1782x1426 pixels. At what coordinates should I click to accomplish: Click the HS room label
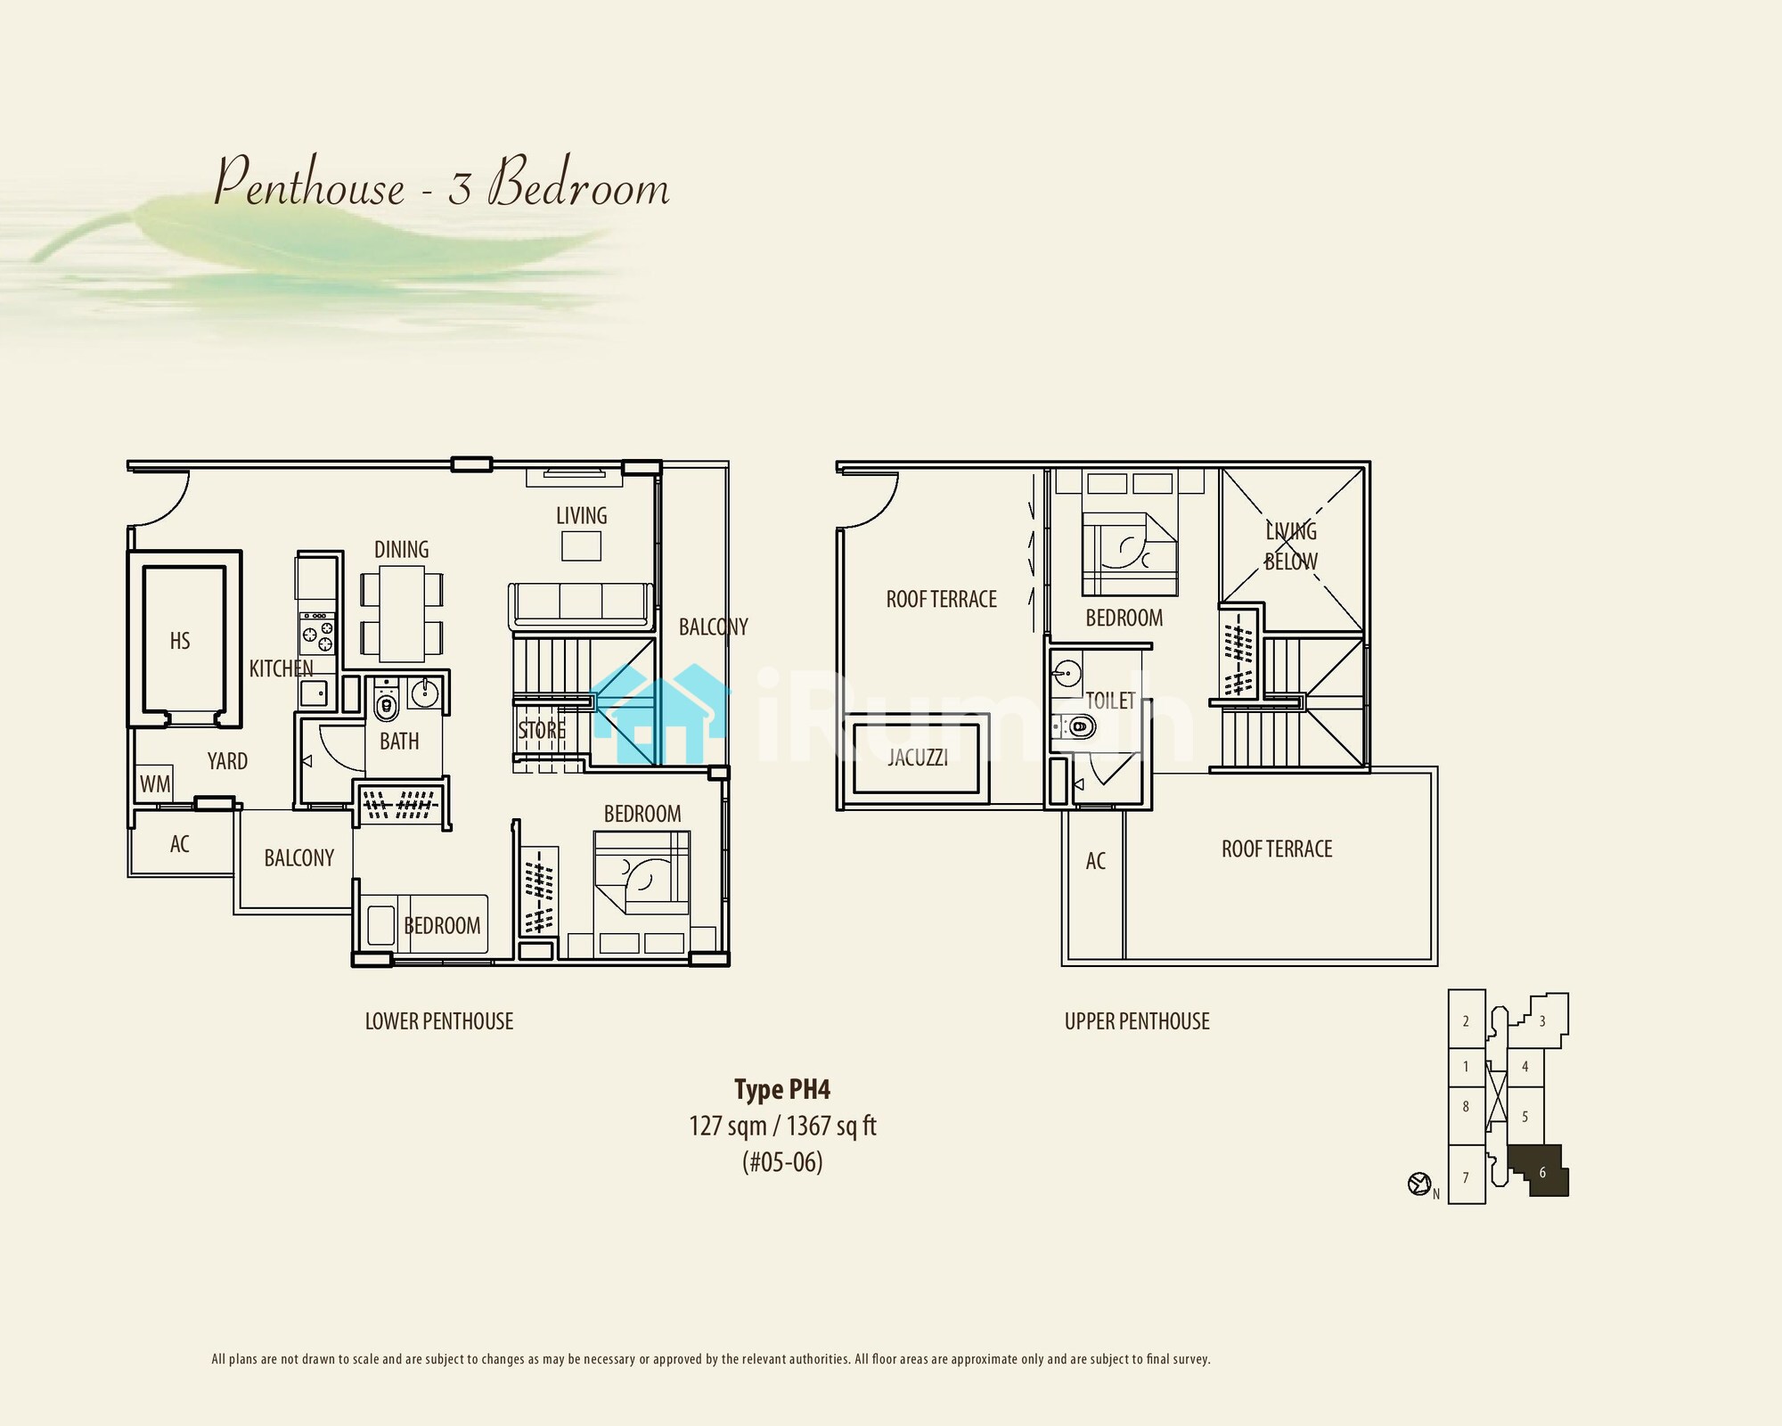[180, 641]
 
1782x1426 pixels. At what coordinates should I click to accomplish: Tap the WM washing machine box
[154, 784]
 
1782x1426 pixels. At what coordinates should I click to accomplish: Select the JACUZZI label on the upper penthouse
[917, 758]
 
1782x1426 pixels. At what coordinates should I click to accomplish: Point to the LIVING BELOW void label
[1291, 546]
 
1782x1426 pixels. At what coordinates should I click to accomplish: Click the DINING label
[401, 550]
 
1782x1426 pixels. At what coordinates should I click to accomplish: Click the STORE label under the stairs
[542, 730]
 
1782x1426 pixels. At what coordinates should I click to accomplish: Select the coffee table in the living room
[581, 545]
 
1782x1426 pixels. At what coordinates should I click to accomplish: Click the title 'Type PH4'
[782, 1089]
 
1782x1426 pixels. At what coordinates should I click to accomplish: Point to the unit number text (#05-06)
[782, 1162]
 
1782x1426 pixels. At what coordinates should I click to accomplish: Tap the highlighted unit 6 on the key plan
[1540, 1171]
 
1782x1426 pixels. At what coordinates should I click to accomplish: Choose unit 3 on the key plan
[1542, 1021]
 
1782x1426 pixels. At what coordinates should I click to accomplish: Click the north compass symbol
[1418, 1184]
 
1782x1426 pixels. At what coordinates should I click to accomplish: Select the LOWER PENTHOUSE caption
[439, 1021]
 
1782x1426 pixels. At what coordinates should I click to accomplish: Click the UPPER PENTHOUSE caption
[1137, 1021]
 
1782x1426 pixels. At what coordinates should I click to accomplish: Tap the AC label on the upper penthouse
[1096, 861]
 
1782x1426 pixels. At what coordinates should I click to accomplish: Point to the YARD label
[227, 761]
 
